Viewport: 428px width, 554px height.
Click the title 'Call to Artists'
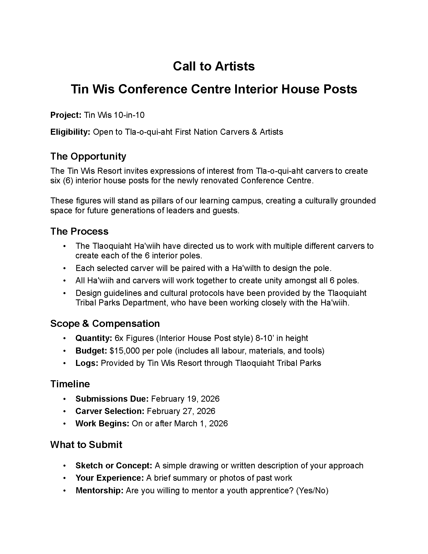coord(214,66)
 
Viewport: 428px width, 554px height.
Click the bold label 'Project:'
coord(66,115)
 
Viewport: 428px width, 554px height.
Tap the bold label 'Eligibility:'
coord(70,132)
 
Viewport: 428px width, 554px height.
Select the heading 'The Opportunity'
coord(88,156)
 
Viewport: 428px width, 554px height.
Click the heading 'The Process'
coord(79,231)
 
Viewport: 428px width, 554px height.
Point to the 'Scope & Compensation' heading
coord(105,323)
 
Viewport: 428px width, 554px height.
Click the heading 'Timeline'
coord(70,384)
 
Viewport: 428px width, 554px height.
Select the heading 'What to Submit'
coord(86,445)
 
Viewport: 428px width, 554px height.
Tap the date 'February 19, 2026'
coord(185,399)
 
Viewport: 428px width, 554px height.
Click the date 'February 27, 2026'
coord(181,411)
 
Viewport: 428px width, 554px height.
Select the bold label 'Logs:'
coord(87,363)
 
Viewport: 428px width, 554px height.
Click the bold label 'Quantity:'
coord(94,338)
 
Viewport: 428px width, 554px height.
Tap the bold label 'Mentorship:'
coord(99,491)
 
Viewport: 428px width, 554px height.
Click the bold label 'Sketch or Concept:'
coord(114,466)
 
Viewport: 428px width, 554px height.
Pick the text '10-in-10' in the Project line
coord(129,115)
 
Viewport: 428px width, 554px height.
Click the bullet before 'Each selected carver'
coord(65,268)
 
